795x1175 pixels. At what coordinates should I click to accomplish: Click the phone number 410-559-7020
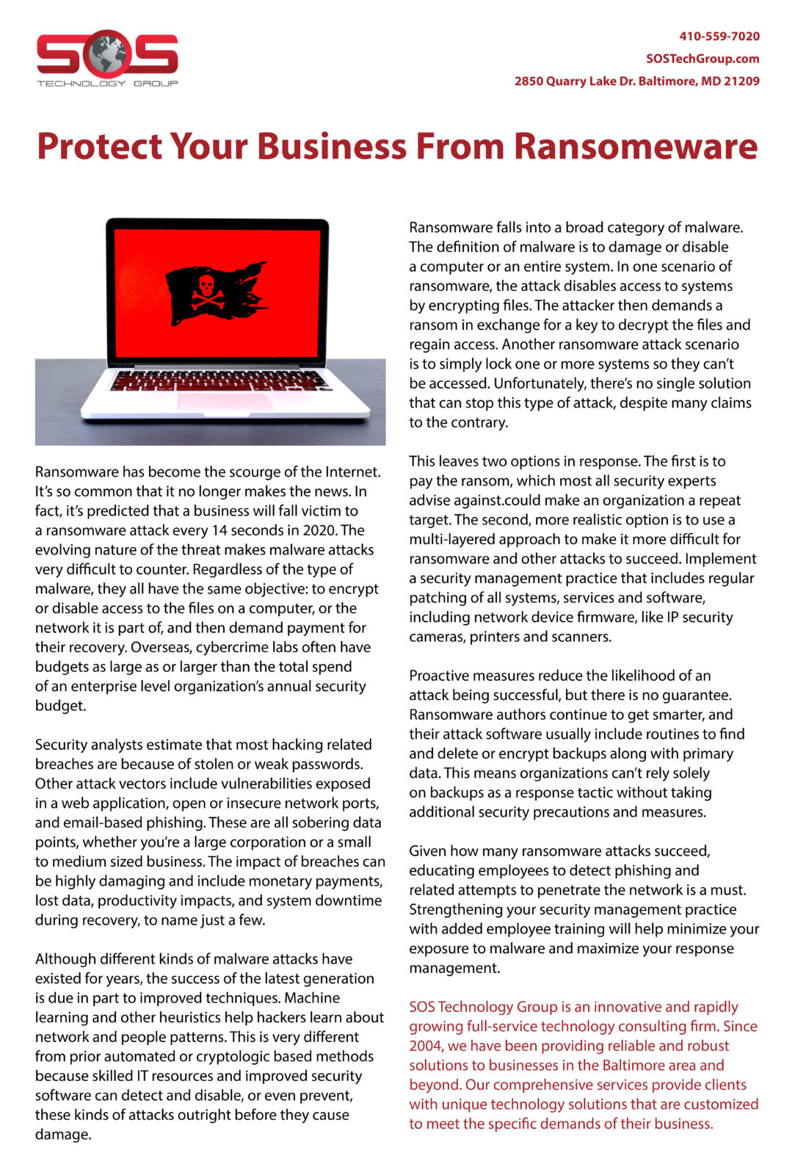719,36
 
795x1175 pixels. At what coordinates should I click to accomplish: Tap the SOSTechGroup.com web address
703,59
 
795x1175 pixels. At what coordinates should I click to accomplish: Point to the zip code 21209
741,82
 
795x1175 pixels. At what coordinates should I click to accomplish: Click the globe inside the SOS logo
107,54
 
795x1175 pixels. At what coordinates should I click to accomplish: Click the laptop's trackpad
225,402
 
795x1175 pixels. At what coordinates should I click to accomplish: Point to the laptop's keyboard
220,380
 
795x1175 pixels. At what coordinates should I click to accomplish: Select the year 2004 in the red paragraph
426,1046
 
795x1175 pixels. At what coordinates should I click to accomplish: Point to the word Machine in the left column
312,998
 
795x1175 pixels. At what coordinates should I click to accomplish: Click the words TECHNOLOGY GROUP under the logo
107,84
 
